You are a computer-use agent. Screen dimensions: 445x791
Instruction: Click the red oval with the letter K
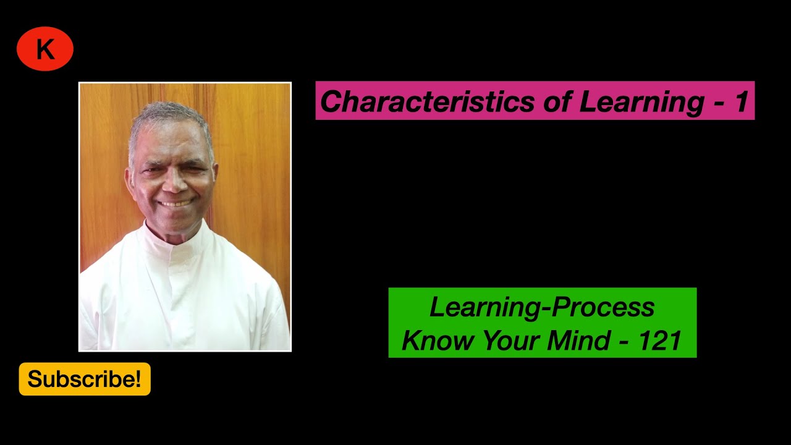(x=45, y=49)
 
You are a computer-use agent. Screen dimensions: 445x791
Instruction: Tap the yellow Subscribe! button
(x=85, y=379)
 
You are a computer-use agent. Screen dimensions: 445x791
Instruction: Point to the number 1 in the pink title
(x=742, y=101)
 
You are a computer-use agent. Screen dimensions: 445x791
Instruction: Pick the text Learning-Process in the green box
(x=542, y=307)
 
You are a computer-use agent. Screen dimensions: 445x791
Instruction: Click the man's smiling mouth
(x=176, y=202)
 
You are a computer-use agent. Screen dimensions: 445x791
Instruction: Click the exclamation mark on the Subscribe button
(x=138, y=379)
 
